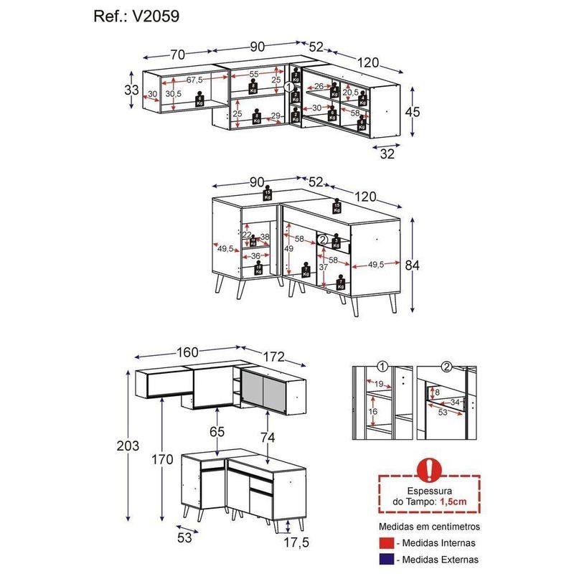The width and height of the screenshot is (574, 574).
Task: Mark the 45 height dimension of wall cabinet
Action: [x=410, y=112]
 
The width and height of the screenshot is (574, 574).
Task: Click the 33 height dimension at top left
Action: [x=131, y=90]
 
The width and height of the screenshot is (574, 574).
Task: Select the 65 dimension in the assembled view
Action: [x=217, y=432]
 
